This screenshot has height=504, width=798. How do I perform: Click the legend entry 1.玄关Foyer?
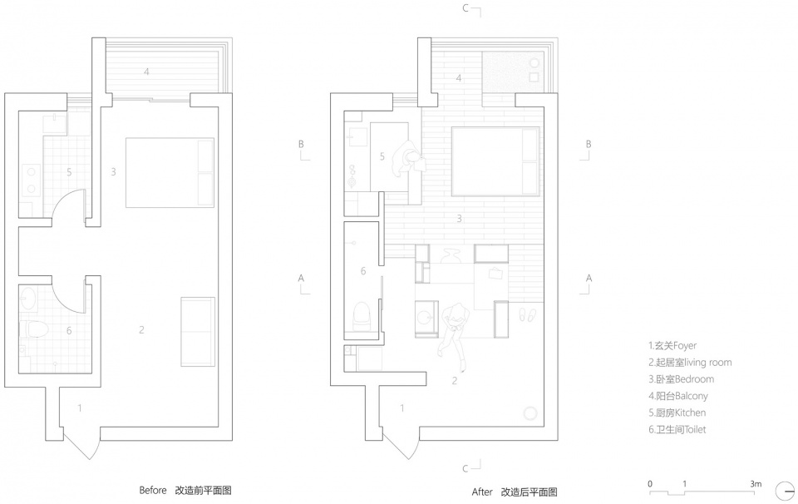(672, 346)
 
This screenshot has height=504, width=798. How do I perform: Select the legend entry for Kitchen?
(677, 413)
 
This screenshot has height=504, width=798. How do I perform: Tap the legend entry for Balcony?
(678, 396)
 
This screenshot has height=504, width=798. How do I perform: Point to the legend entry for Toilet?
(677, 430)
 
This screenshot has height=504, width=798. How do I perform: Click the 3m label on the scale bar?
(756, 484)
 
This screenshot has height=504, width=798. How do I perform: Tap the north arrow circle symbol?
(786, 492)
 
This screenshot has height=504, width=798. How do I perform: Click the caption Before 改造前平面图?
(185, 490)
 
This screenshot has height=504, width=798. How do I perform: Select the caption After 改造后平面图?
(515, 492)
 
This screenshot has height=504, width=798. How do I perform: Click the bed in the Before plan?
(170, 172)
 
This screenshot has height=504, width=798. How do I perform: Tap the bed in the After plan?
(495, 161)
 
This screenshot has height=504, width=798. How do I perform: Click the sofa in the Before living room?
(198, 331)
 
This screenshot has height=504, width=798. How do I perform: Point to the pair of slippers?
(527, 315)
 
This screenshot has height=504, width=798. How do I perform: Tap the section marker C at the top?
(471, 10)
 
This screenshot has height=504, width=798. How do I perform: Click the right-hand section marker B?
(586, 151)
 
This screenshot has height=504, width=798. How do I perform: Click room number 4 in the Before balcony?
(146, 72)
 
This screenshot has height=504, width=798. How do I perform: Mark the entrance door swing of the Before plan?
(79, 444)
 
